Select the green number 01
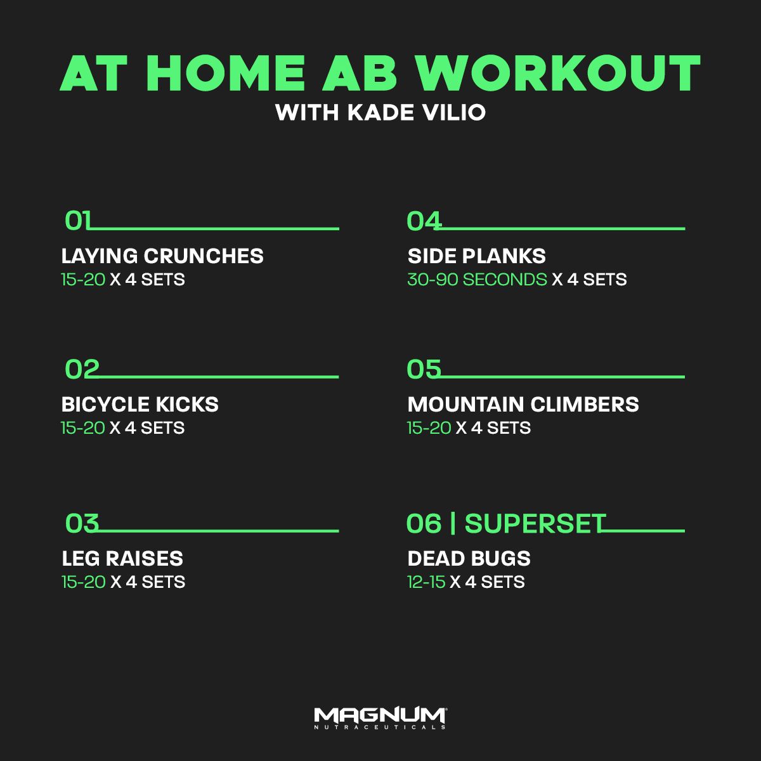[x=78, y=221]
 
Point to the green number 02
[x=82, y=370]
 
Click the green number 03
[x=82, y=524]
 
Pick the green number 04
[x=424, y=221]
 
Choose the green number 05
[x=424, y=370]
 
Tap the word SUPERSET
[x=535, y=524]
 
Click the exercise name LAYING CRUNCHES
[x=162, y=256]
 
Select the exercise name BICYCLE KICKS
[x=140, y=405]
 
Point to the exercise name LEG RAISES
[x=122, y=559]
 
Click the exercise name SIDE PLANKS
[x=476, y=256]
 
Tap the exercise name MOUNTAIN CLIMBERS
[x=523, y=405]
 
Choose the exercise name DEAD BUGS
[x=469, y=559]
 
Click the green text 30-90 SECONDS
[x=477, y=280]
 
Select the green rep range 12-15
[x=426, y=582]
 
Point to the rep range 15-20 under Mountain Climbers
[x=429, y=428]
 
